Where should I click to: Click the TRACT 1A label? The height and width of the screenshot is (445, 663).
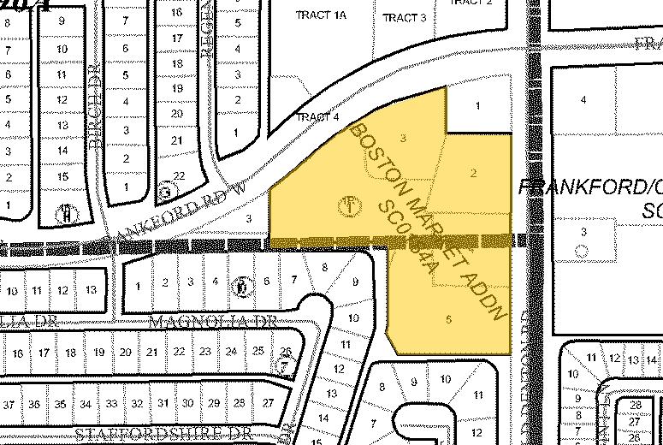pos(318,15)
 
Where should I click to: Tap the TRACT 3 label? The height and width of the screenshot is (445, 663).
pos(405,18)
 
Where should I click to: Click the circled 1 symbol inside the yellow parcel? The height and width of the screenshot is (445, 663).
pos(348,205)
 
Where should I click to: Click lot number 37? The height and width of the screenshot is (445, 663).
pos(10,404)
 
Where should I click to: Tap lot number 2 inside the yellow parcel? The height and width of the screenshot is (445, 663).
pos(473,173)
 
